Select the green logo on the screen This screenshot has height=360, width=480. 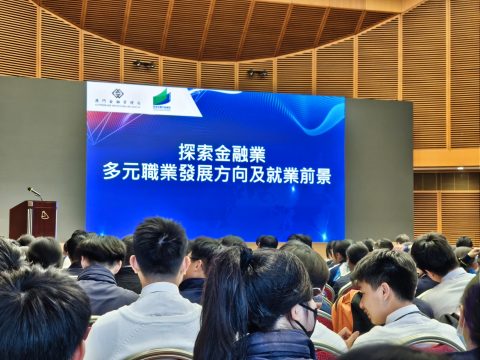pyautogui.click(x=163, y=99)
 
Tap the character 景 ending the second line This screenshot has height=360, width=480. pyautogui.click(x=322, y=174)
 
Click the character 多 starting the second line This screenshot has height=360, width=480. pyautogui.click(x=112, y=174)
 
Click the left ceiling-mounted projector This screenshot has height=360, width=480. pyautogui.click(x=144, y=64)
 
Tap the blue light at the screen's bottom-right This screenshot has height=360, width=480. pyautogui.click(x=323, y=237)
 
